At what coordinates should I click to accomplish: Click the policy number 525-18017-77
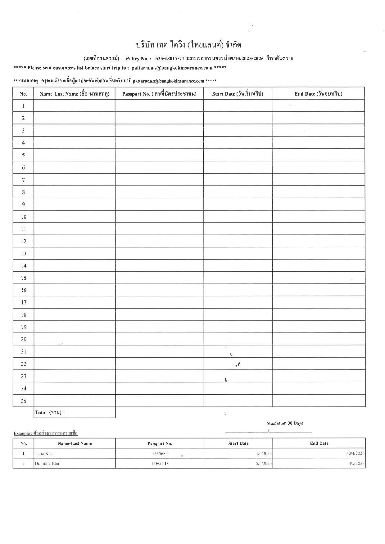pos(170,58)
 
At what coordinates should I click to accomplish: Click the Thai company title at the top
pos(188,45)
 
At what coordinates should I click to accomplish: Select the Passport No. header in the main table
pos(159,94)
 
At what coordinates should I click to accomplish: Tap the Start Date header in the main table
pos(238,94)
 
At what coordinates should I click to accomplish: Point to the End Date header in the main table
pos(318,94)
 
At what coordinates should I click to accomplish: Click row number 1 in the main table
pos(23,106)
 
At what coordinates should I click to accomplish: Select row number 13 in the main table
pos(23,254)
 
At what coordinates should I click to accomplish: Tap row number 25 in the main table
pos(23,401)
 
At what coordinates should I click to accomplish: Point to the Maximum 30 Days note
pos(285,423)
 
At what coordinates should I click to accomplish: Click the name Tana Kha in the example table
pos(44,453)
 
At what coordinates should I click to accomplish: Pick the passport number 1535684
pos(160,453)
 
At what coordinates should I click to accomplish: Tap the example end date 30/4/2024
pos(356,453)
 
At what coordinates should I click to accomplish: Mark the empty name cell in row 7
pos(75,180)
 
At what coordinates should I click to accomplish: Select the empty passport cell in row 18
pos(159,315)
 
